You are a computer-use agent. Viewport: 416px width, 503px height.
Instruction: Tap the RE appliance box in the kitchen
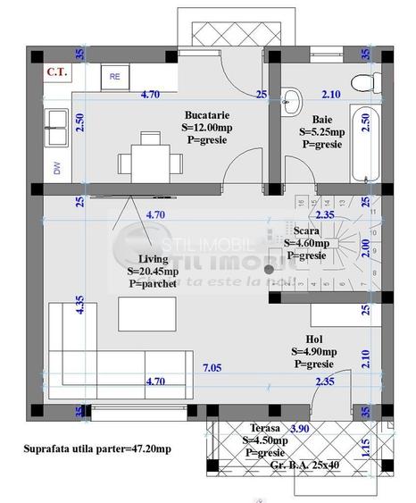114,77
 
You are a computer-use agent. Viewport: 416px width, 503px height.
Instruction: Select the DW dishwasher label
58,167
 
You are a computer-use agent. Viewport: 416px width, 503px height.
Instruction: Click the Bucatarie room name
208,116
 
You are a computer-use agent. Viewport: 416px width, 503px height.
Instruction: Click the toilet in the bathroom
362,83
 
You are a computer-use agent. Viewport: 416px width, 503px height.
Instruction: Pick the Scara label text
306,229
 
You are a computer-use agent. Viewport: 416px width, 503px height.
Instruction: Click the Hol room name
313,340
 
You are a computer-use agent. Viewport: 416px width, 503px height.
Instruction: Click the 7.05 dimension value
212,368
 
